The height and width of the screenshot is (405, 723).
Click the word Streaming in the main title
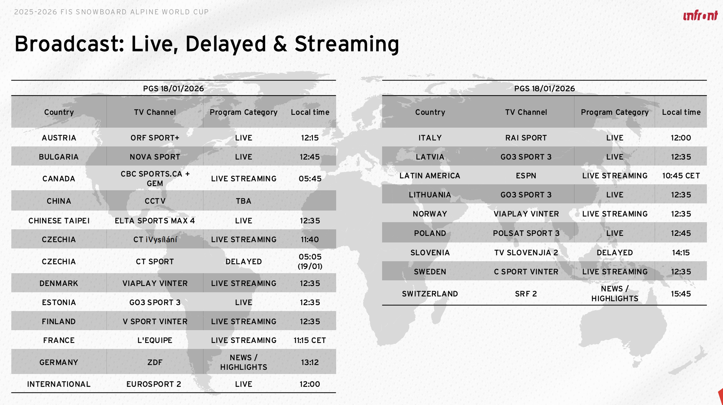pyautogui.click(x=347, y=44)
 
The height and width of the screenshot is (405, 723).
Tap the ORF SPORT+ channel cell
pyautogui.click(x=155, y=138)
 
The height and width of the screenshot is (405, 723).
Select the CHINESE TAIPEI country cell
pyautogui.click(x=59, y=221)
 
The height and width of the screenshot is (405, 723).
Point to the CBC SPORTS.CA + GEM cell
pyautogui.click(x=155, y=179)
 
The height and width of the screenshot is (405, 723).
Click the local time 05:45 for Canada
pyautogui.click(x=310, y=179)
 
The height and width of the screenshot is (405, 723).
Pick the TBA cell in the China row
pyautogui.click(x=243, y=201)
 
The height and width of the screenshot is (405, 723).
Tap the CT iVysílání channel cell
pyautogui.click(x=155, y=239)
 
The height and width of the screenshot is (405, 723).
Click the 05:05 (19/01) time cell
pyautogui.click(x=310, y=261)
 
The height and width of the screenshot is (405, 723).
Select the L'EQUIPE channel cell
pyautogui.click(x=155, y=340)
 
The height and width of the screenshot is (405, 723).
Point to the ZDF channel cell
pyautogui.click(x=155, y=362)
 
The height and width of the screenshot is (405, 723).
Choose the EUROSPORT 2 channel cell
pyautogui.click(x=154, y=384)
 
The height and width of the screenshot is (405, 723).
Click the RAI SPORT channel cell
pyautogui.click(x=526, y=138)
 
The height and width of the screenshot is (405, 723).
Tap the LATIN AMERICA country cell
pyautogui.click(x=430, y=176)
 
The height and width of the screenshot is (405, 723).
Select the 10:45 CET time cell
pyautogui.click(x=681, y=176)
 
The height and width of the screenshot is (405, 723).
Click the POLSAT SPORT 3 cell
pyautogui.click(x=526, y=233)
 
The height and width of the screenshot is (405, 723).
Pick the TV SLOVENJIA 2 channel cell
pyautogui.click(x=526, y=253)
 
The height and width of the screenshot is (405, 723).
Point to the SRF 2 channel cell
pyautogui.click(x=526, y=294)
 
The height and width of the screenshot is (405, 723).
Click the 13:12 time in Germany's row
pyautogui.click(x=310, y=362)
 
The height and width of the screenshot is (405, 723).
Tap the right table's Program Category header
pyautogui.click(x=615, y=112)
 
